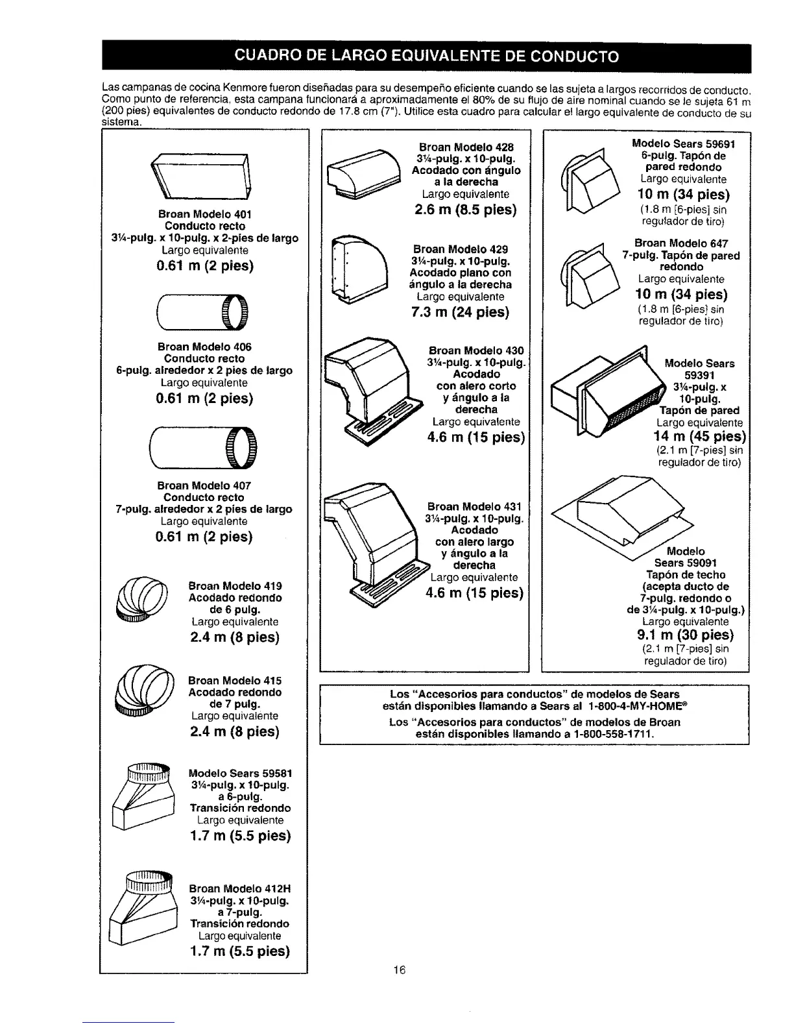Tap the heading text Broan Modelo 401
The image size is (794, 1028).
tap(204, 214)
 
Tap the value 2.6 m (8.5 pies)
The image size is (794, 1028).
tap(466, 210)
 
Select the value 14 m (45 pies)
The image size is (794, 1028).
tap(700, 435)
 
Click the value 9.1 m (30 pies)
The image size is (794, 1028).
tap(686, 634)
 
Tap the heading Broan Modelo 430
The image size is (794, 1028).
tap(476, 351)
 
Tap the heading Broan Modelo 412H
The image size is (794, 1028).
tap(239, 888)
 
